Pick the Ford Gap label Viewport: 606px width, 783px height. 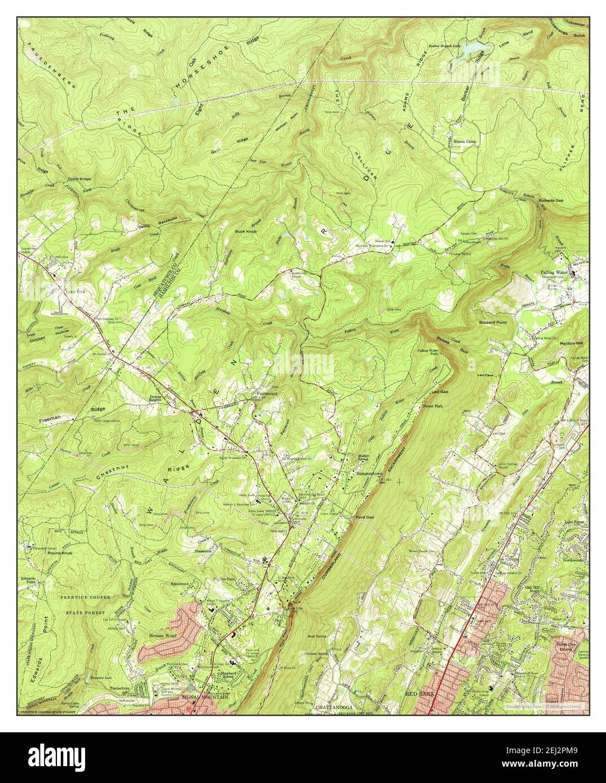coord(365,517)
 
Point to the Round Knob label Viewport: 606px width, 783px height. coord(60,554)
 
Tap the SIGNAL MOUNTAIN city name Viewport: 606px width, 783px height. coord(205,697)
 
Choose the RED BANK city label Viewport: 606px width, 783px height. coord(420,695)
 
